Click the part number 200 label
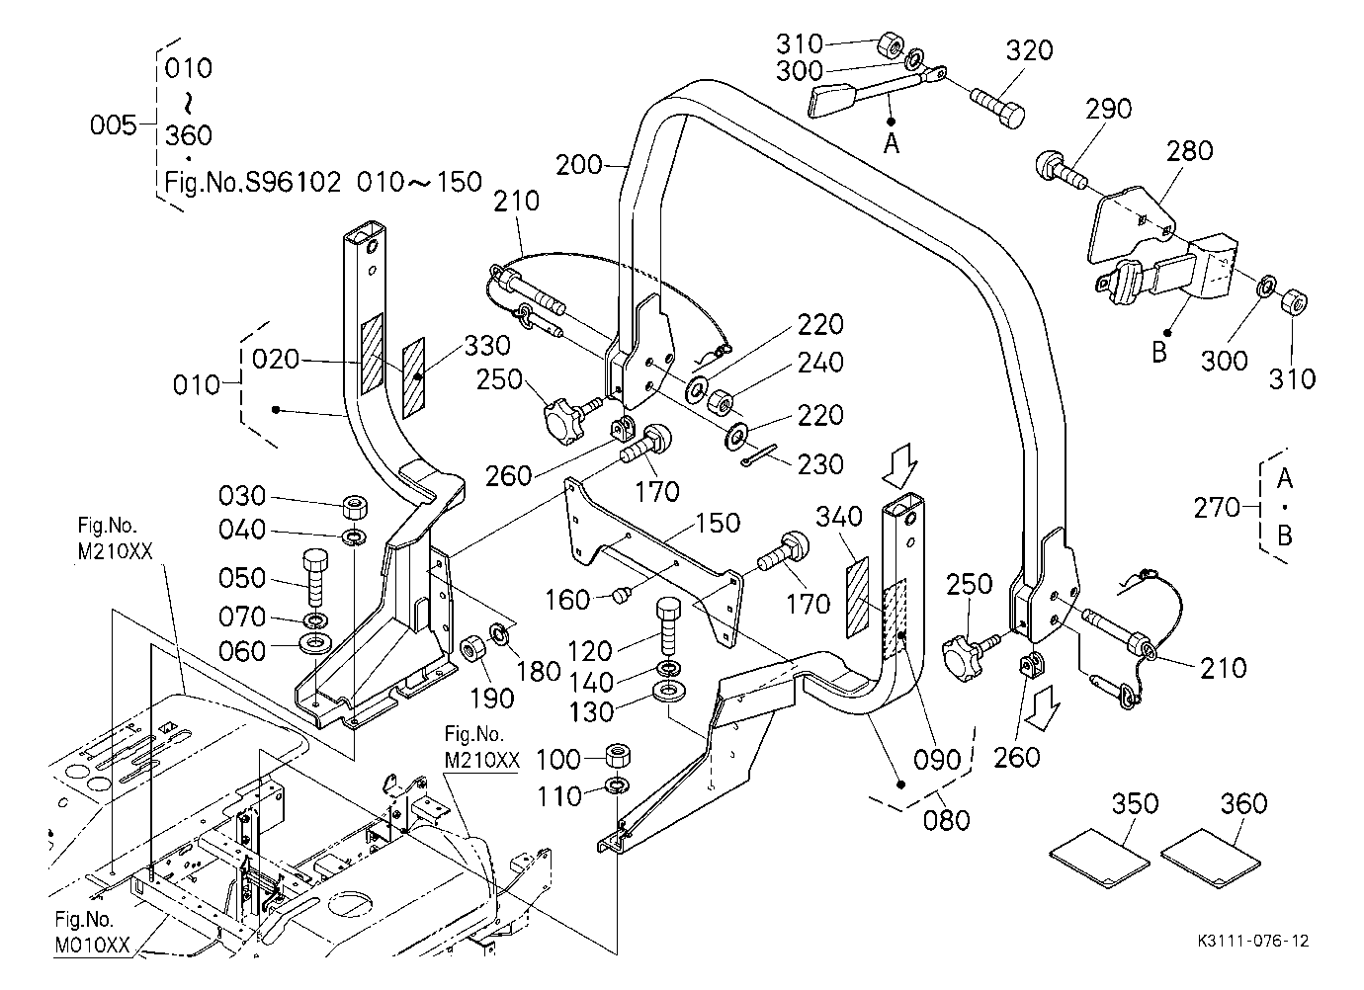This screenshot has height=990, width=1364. click(578, 164)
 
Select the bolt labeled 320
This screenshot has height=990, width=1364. click(997, 107)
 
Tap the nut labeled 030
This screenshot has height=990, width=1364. click(355, 507)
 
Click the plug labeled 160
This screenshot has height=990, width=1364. click(620, 594)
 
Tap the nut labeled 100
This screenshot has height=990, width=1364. click(618, 757)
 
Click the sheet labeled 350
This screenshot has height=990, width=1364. click(1100, 858)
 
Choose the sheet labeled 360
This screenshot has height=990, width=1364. click(1210, 858)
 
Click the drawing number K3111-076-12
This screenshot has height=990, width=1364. click(1253, 941)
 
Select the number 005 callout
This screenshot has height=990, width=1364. click(114, 124)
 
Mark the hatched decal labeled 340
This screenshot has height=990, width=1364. click(857, 598)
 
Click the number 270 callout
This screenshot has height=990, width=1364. click(1216, 507)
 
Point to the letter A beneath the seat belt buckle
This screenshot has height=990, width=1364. click(892, 143)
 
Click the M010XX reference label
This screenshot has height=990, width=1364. click(93, 945)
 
